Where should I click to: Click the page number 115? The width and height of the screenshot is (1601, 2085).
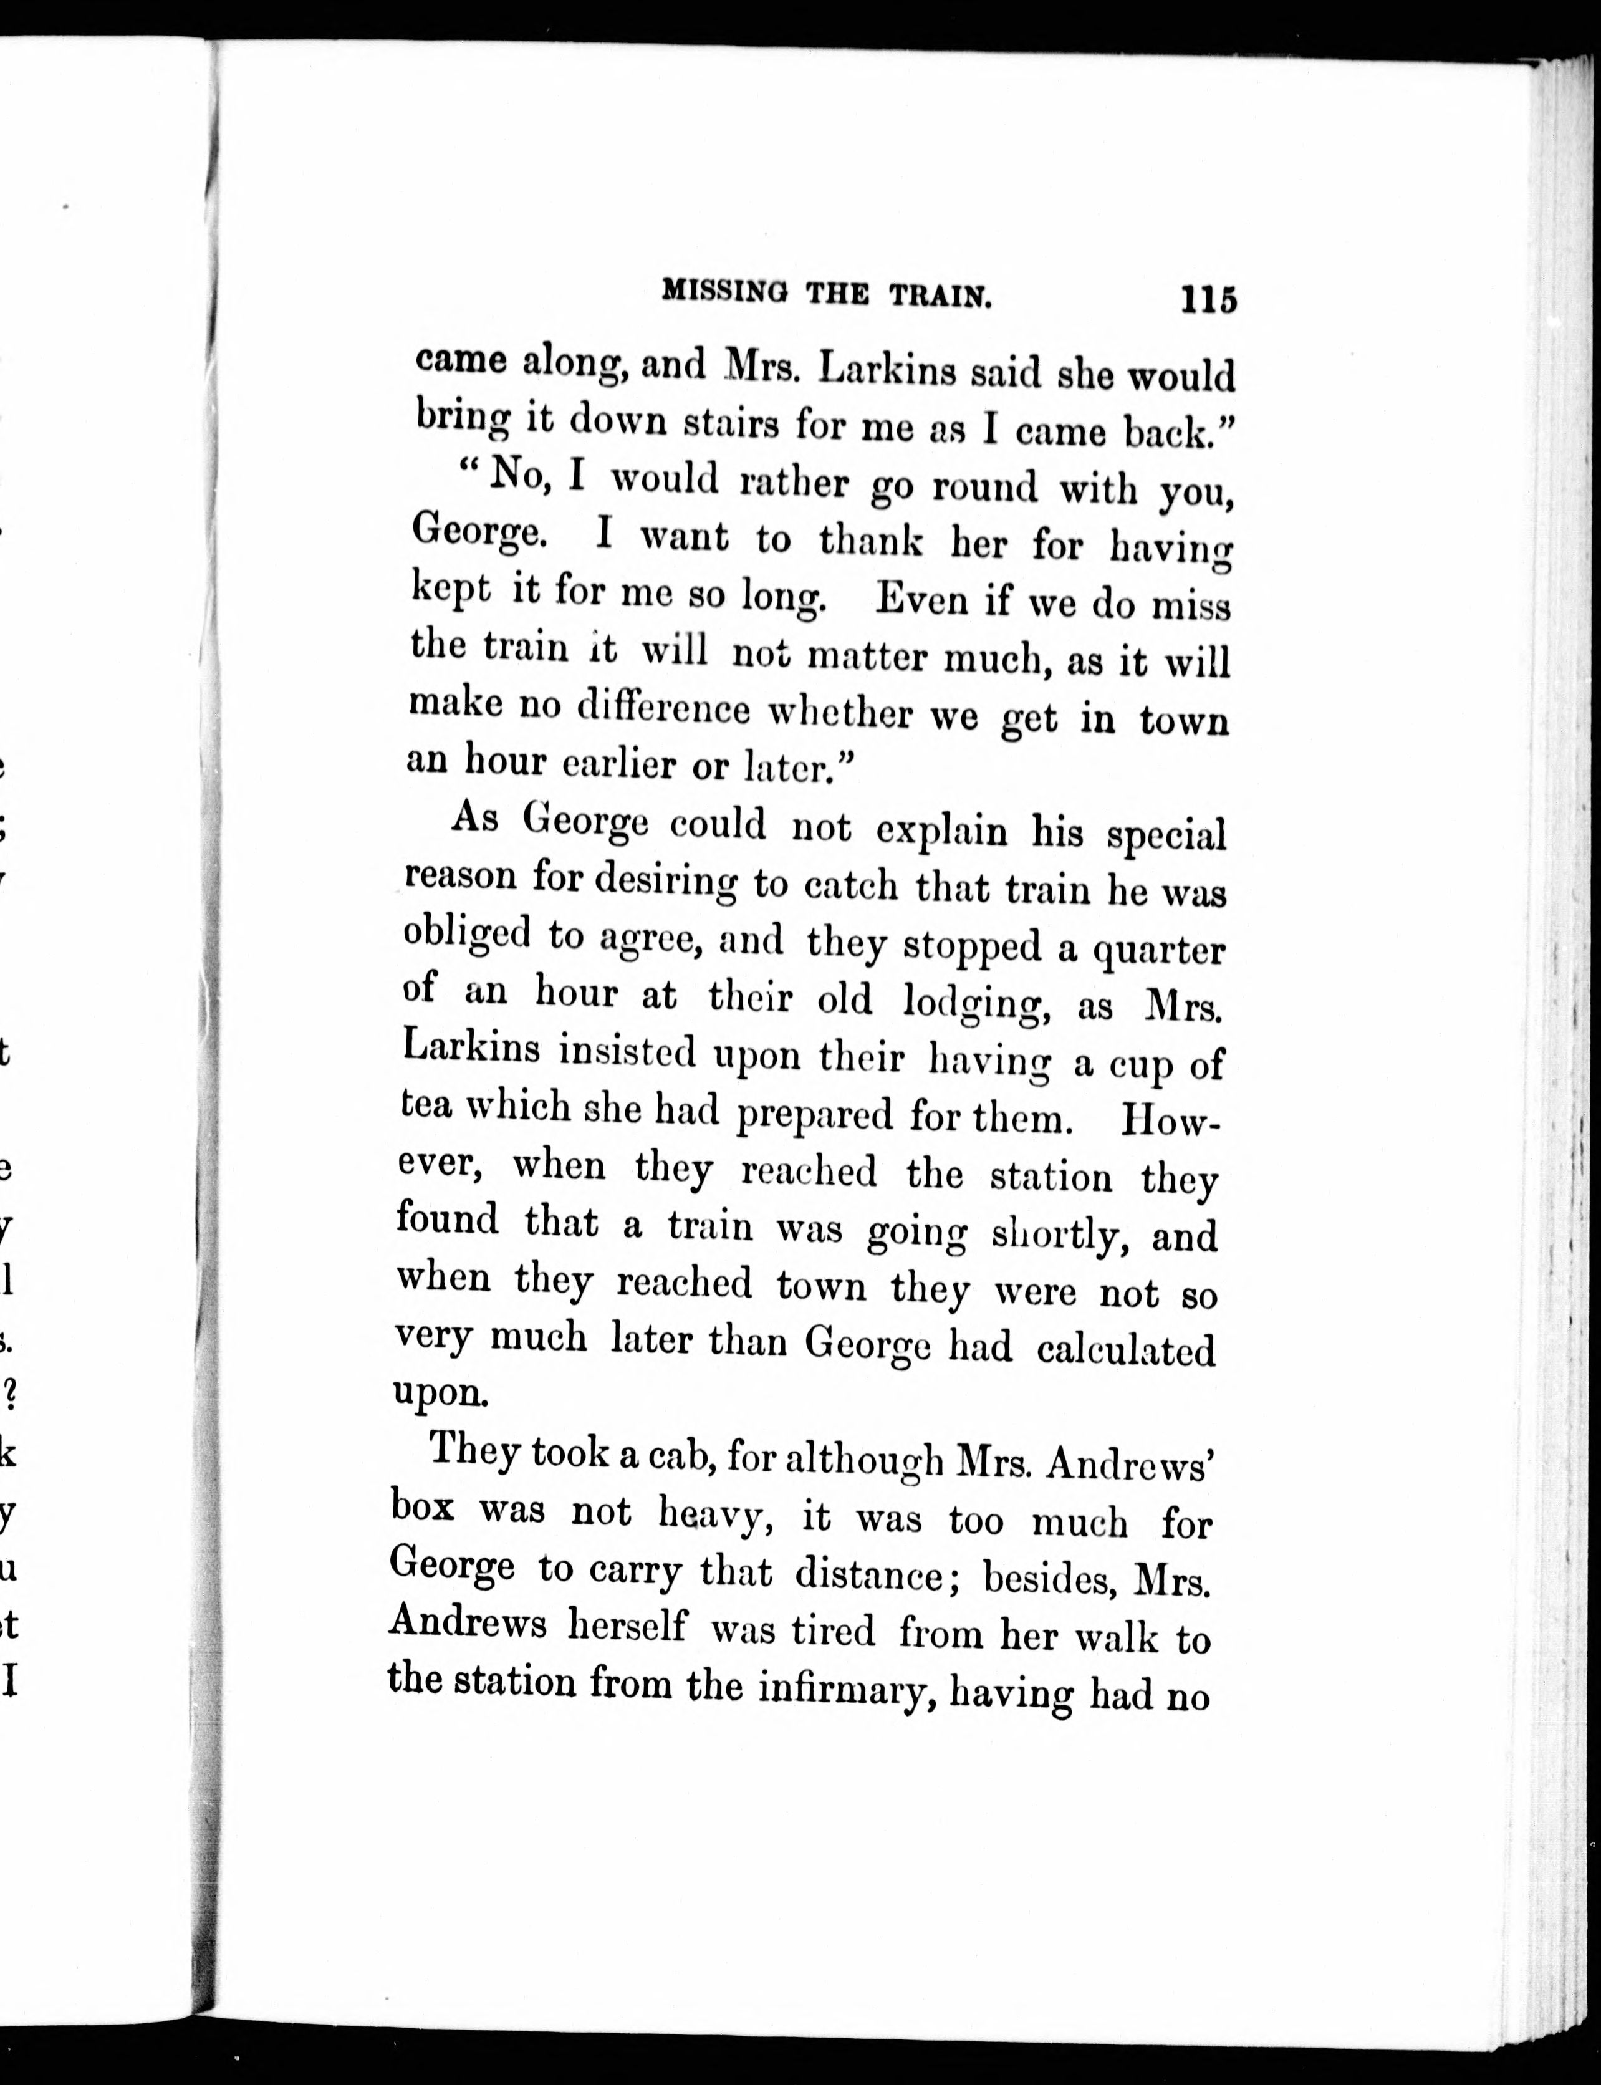(1208, 299)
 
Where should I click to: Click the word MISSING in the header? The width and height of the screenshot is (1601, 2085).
(724, 292)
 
